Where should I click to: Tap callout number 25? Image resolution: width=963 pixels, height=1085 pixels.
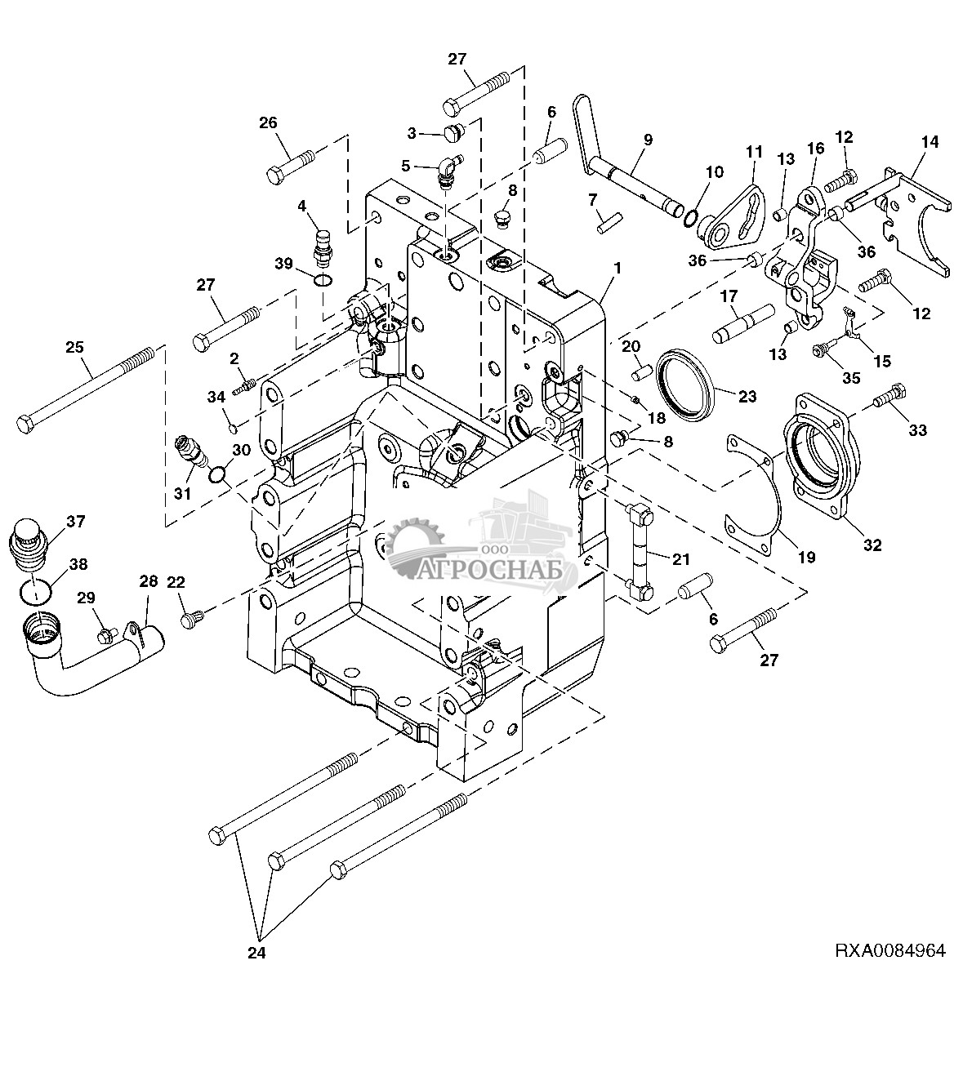74,347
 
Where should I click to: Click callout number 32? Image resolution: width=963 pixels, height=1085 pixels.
872,545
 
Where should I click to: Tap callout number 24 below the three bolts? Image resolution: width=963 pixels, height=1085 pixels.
256,953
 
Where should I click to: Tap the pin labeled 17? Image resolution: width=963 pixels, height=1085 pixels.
742,323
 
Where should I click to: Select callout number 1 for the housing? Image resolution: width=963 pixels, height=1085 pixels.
617,268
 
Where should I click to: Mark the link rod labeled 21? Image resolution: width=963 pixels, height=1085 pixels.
640,555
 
